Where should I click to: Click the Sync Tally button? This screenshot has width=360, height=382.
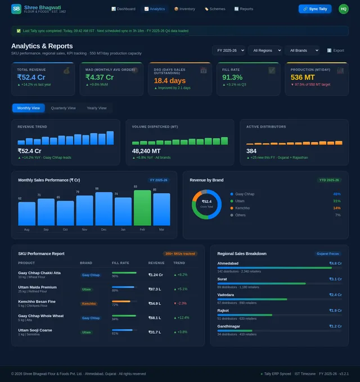coord(315,9)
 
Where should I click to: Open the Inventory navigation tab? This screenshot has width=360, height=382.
coord(184,9)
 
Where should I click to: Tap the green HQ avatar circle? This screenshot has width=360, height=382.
coord(344,9)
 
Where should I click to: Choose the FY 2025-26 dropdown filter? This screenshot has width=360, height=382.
coord(228,51)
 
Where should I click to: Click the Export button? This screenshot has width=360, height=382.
coord(336,51)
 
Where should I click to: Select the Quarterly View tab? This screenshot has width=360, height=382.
coord(63,108)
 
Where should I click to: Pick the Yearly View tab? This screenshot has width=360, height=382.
coord(96,108)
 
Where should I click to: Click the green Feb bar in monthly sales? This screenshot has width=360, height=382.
coord(142,208)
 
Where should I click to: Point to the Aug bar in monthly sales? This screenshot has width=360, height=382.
coord(26,213)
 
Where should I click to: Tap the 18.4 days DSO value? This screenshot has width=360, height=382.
coord(170,81)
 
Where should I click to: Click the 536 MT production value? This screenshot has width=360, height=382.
coord(303,78)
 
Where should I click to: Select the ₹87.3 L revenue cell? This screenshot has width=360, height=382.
coord(155,289)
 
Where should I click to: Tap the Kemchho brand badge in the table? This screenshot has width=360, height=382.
coord(88,303)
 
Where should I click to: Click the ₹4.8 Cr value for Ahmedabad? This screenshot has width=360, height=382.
coord(335,263)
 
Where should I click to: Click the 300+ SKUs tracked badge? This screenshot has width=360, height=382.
coord(180,253)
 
